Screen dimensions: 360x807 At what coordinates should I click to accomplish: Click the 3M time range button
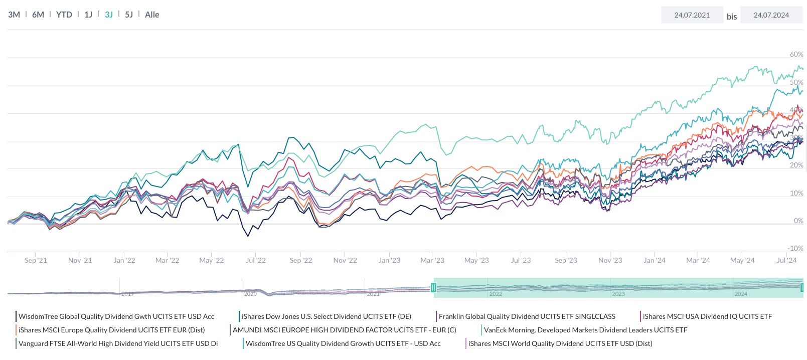pos(14,15)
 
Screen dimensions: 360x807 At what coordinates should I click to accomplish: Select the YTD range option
pos(64,15)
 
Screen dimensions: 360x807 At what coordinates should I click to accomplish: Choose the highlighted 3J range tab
pos(109,15)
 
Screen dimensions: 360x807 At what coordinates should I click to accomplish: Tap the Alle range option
pos(152,15)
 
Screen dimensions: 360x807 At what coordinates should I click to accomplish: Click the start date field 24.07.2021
pos(692,15)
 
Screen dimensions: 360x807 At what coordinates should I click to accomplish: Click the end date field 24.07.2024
pos(771,15)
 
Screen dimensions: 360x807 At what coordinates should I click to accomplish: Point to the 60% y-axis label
pos(796,54)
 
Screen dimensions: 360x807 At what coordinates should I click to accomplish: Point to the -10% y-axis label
pos(795,248)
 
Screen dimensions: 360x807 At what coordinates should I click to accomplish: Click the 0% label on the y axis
pos(798,221)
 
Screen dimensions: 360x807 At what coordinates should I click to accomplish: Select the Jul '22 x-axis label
pos(256,260)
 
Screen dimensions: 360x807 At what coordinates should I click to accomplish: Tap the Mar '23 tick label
pos(432,260)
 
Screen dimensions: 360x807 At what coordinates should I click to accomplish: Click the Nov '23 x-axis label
pos(610,260)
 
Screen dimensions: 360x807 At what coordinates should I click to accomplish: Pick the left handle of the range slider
pos(434,287)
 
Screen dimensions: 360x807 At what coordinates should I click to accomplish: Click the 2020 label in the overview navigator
pos(250,294)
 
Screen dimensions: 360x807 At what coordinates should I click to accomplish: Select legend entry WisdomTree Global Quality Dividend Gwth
pos(116,316)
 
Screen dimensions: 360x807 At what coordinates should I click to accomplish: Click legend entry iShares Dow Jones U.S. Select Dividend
pos(326,316)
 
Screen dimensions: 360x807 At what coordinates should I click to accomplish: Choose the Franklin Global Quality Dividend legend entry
pos(527,316)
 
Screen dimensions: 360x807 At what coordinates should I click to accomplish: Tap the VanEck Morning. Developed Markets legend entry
pos(585,330)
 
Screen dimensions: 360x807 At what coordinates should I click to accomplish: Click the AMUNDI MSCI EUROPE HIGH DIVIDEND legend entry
pos(344,330)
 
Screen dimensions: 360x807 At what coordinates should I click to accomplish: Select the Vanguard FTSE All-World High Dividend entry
pos(118,343)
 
